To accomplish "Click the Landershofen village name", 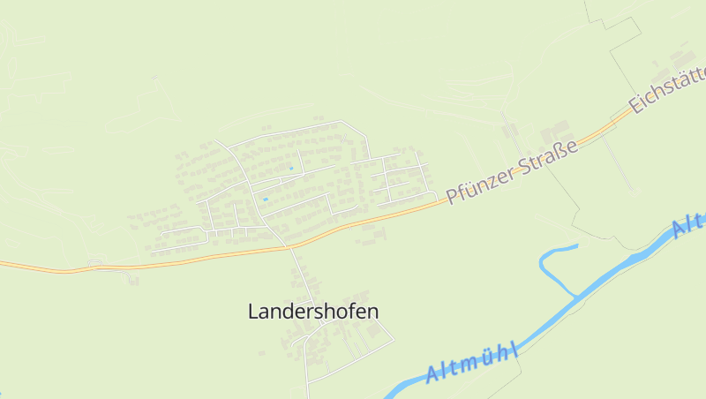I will [x=313, y=312].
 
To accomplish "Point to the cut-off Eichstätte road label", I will [x=667, y=93].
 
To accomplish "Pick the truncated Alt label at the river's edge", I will [x=688, y=226].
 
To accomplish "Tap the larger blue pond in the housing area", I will [x=264, y=199].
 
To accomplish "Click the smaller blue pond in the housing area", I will [x=290, y=168].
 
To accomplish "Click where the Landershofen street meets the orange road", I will [x=289, y=246].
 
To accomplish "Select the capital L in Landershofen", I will [x=254, y=312].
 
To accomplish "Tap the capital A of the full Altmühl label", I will [x=432, y=376].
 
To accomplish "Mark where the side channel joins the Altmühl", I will [x=578, y=297].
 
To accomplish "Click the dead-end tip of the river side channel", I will [x=577, y=245].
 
